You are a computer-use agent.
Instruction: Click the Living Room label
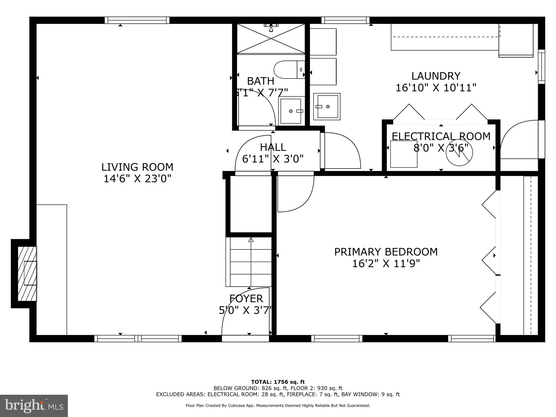(137, 167)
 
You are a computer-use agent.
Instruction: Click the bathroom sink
(291, 111)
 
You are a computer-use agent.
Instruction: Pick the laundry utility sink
(327, 107)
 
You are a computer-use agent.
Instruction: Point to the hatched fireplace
(27, 273)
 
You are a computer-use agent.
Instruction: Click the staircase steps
(249, 262)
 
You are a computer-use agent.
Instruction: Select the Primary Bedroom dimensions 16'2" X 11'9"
(386, 264)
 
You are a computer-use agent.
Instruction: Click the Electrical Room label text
(441, 136)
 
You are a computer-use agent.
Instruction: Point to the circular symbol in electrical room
(459, 153)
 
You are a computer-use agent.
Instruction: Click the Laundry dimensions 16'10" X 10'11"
(436, 88)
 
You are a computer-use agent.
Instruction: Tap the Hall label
(273, 147)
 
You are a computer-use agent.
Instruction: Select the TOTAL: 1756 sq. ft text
(278, 382)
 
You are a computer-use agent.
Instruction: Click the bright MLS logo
(34, 406)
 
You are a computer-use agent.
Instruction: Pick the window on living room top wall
(137, 20)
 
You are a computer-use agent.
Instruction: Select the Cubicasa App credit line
(278, 406)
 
